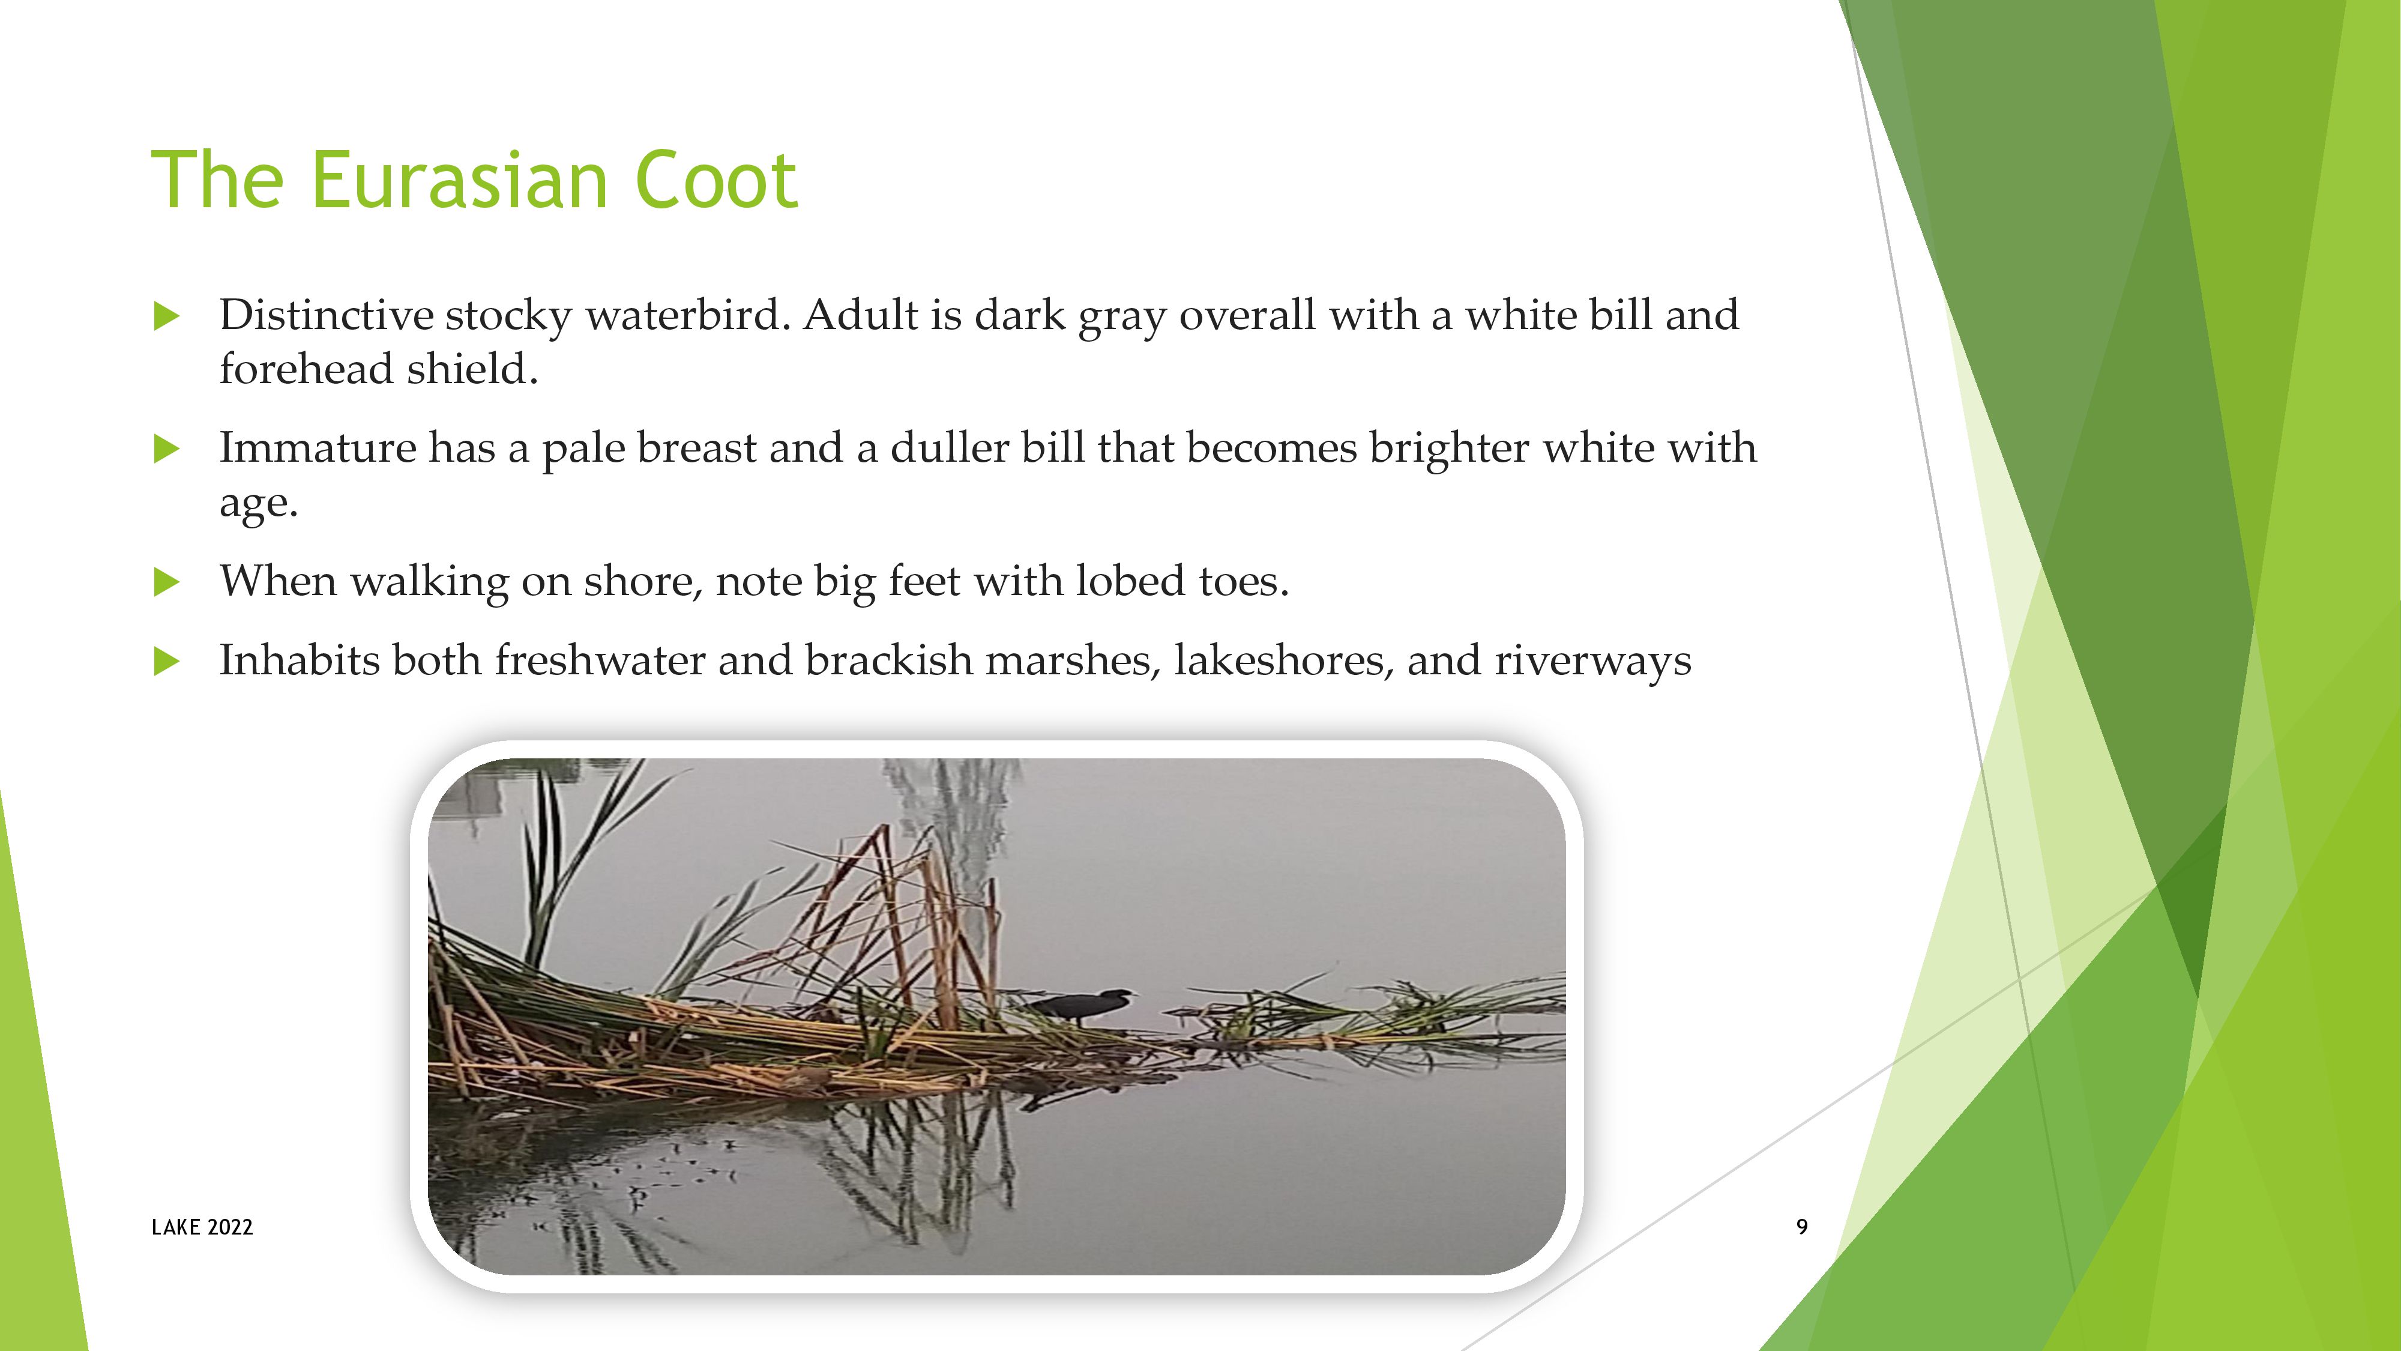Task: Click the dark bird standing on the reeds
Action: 1081,1005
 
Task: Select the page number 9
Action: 1802,1227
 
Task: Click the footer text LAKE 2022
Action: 202,1227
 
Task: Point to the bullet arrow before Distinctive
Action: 166,316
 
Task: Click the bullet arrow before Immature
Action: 166,449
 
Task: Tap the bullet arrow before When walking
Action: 166,582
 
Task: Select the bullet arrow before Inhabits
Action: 166,661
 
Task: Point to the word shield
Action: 472,368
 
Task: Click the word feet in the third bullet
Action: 924,580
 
